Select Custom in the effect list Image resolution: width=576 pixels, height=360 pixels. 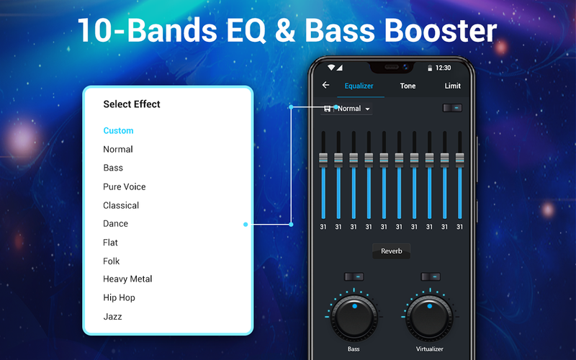pyautogui.click(x=118, y=130)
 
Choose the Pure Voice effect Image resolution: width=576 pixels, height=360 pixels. pyautogui.click(x=124, y=186)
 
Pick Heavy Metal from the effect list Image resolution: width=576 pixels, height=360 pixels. pyautogui.click(x=127, y=279)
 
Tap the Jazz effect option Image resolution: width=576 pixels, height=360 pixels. pyautogui.click(x=112, y=316)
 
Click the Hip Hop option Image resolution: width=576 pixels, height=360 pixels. pyautogui.click(x=119, y=297)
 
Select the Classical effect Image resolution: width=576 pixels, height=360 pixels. pyautogui.click(x=121, y=205)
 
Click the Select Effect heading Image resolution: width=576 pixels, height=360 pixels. pyautogui.click(x=132, y=104)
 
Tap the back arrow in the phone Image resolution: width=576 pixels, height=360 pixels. pyautogui.click(x=325, y=85)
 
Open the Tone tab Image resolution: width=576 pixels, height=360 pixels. pyautogui.click(x=408, y=86)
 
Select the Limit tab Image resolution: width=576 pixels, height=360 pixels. pyautogui.click(x=453, y=86)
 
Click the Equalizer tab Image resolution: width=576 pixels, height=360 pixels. pyautogui.click(x=359, y=86)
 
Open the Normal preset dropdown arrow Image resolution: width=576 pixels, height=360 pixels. pyautogui.click(x=367, y=109)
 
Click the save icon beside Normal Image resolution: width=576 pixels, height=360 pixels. pyautogui.click(x=327, y=109)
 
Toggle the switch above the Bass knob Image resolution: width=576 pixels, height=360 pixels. pyautogui.click(x=354, y=276)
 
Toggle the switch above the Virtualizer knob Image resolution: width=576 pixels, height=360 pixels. pyautogui.click(x=431, y=276)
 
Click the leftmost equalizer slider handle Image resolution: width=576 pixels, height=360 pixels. pyautogui.click(x=323, y=160)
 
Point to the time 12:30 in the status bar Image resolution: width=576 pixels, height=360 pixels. pyautogui.click(x=443, y=68)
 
